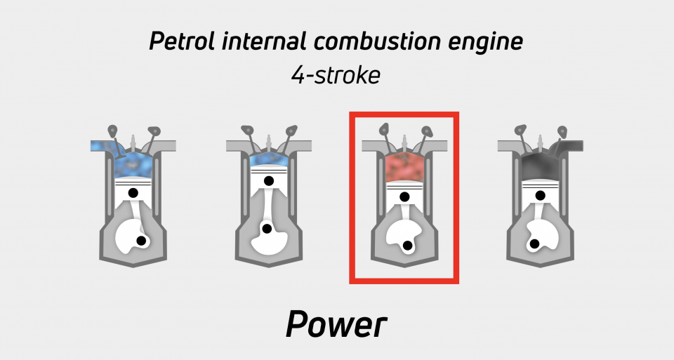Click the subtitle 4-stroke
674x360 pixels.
pos(336,76)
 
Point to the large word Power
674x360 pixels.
pos(336,324)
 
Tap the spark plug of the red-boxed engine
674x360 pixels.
pos(404,142)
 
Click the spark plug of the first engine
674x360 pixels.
pos(133,142)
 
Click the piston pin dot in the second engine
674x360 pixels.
pos(269,181)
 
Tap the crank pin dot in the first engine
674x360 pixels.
pos(141,241)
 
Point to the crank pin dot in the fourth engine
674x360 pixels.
pos(534,244)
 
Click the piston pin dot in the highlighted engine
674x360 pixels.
pos(404,196)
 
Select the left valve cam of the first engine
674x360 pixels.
pos(112,130)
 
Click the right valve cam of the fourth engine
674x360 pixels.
pos(562,131)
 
